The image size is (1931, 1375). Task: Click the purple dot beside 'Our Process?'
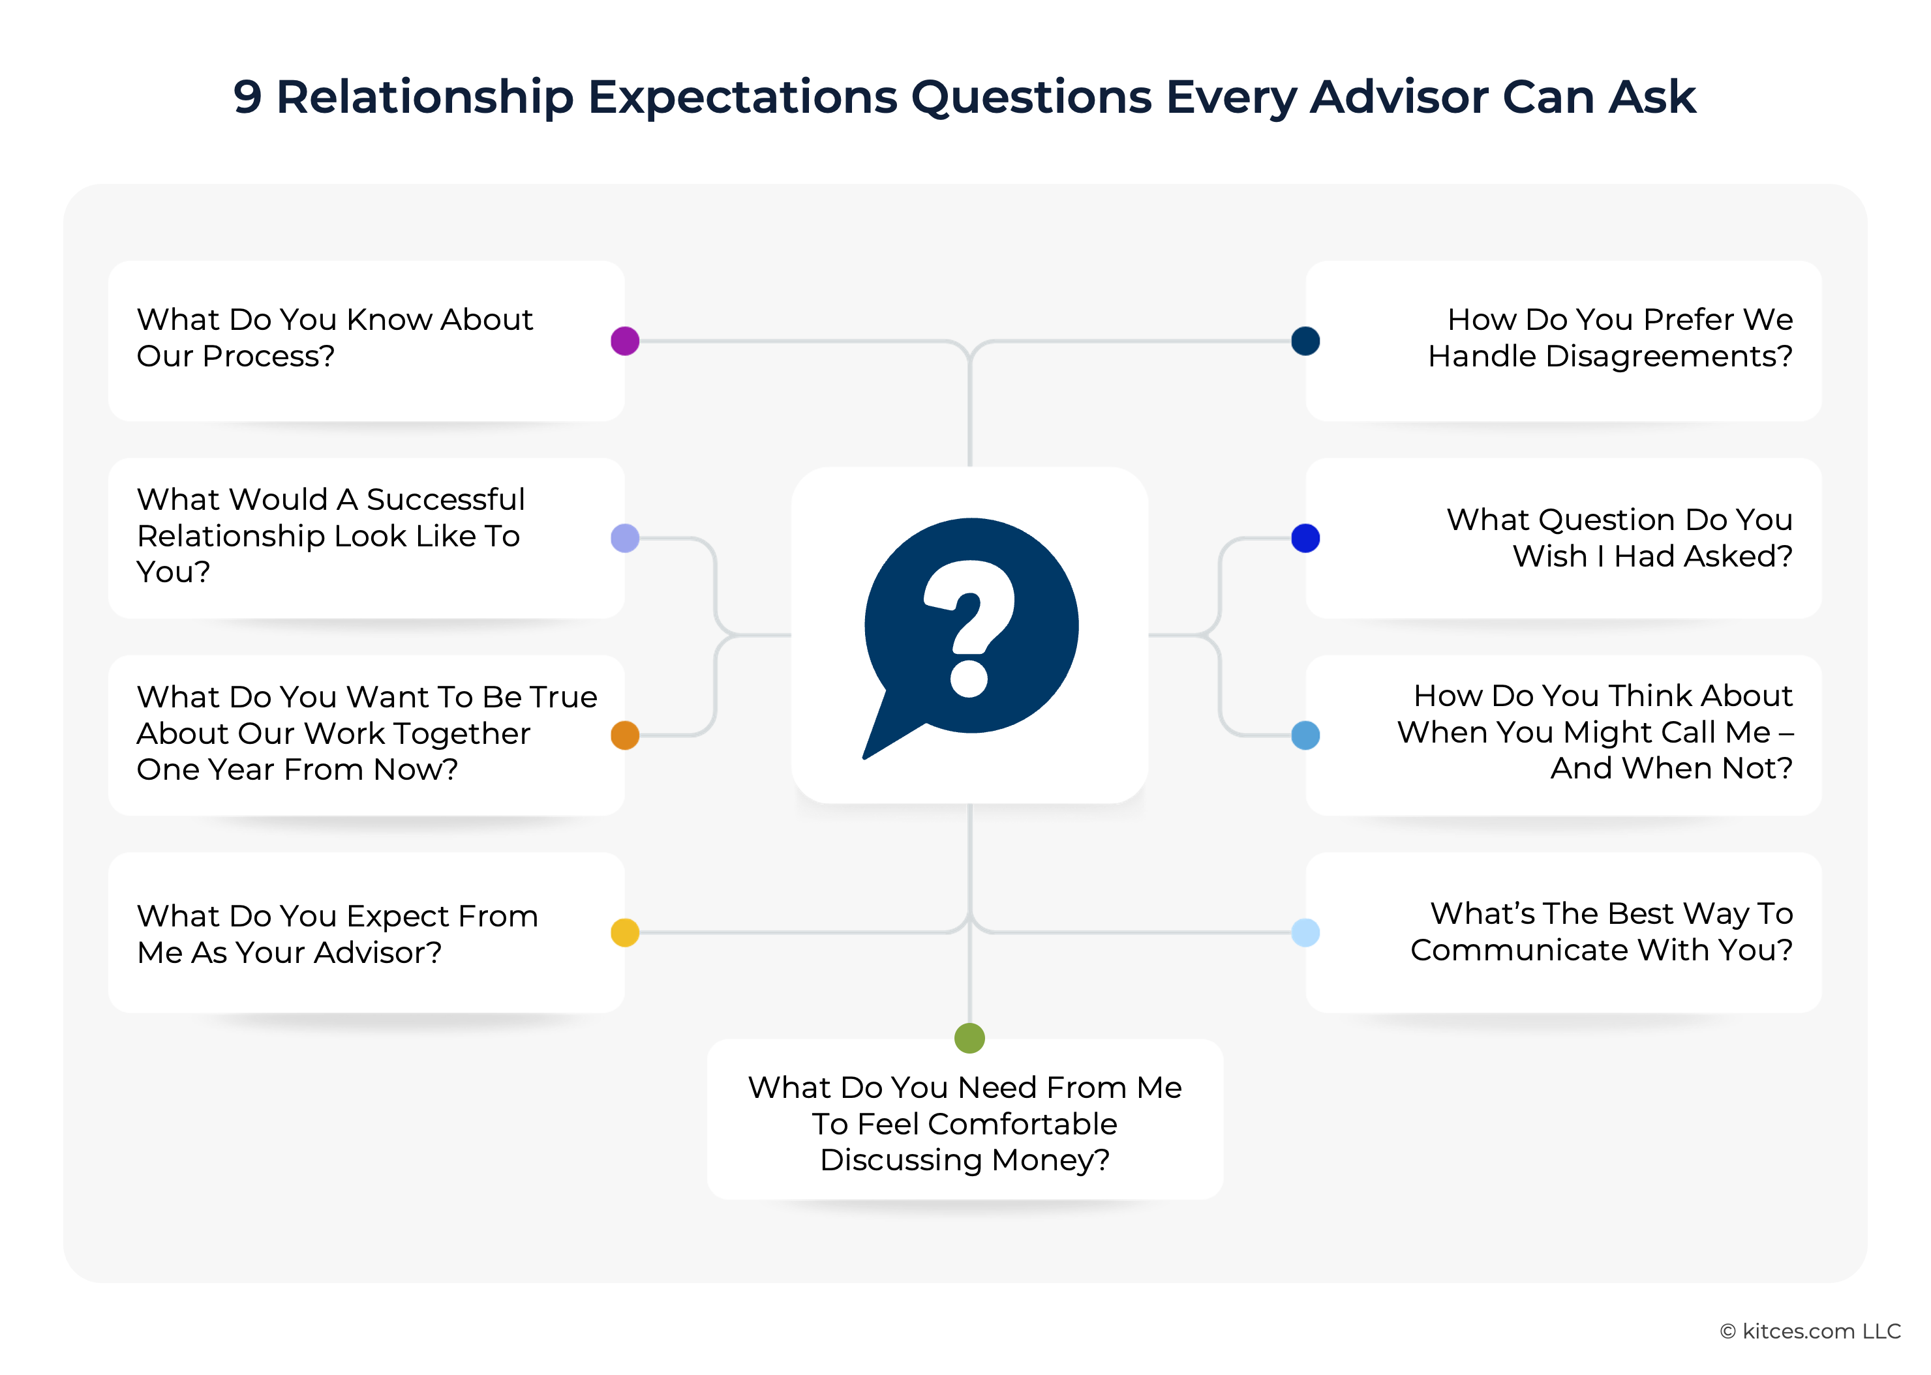(x=625, y=341)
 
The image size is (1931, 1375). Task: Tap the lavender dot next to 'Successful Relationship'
(x=625, y=539)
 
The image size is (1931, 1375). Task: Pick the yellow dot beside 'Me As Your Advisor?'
(x=625, y=932)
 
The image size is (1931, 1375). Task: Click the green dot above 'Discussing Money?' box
(x=969, y=1037)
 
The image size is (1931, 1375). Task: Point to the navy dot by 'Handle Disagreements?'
(x=1305, y=341)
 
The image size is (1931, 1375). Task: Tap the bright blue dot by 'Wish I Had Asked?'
(x=1305, y=539)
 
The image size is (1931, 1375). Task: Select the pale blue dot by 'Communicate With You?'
(x=1305, y=932)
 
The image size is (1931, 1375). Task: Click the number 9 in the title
(x=247, y=96)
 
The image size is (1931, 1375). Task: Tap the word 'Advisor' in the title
(x=1399, y=96)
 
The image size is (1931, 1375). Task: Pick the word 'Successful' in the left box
(x=446, y=499)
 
